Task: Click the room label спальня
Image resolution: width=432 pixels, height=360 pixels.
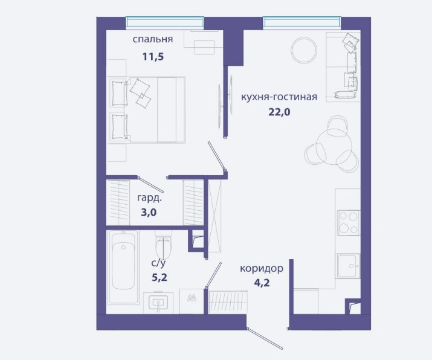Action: point(153,39)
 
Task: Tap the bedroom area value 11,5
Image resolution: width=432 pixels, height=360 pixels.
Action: point(153,57)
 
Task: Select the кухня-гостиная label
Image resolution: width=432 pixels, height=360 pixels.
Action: point(279,97)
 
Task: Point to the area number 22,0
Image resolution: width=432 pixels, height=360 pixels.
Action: point(279,112)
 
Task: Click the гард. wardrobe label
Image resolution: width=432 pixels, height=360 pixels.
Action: point(150,198)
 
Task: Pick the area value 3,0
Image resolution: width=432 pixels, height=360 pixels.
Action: point(149,213)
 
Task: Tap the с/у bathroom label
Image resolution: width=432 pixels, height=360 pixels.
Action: point(158,263)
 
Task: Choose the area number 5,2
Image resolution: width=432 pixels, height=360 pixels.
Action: point(160,277)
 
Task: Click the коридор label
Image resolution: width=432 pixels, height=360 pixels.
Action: point(262,268)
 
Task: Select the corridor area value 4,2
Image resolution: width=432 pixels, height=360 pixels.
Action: point(262,283)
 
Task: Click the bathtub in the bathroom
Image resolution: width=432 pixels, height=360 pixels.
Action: point(123,267)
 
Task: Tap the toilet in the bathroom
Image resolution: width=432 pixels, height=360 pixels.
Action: point(163,245)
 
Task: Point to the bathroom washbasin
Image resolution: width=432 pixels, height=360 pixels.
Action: point(158,302)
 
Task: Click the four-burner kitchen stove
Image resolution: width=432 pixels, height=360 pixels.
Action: point(349,222)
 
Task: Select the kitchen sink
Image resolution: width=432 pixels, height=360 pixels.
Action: point(349,266)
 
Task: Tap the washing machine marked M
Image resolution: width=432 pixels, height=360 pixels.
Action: point(192,301)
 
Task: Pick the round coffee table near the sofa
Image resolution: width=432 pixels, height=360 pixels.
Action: point(304,50)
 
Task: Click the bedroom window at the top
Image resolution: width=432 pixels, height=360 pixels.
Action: point(165,22)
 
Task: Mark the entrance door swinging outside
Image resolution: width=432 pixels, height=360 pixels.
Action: point(265,338)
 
